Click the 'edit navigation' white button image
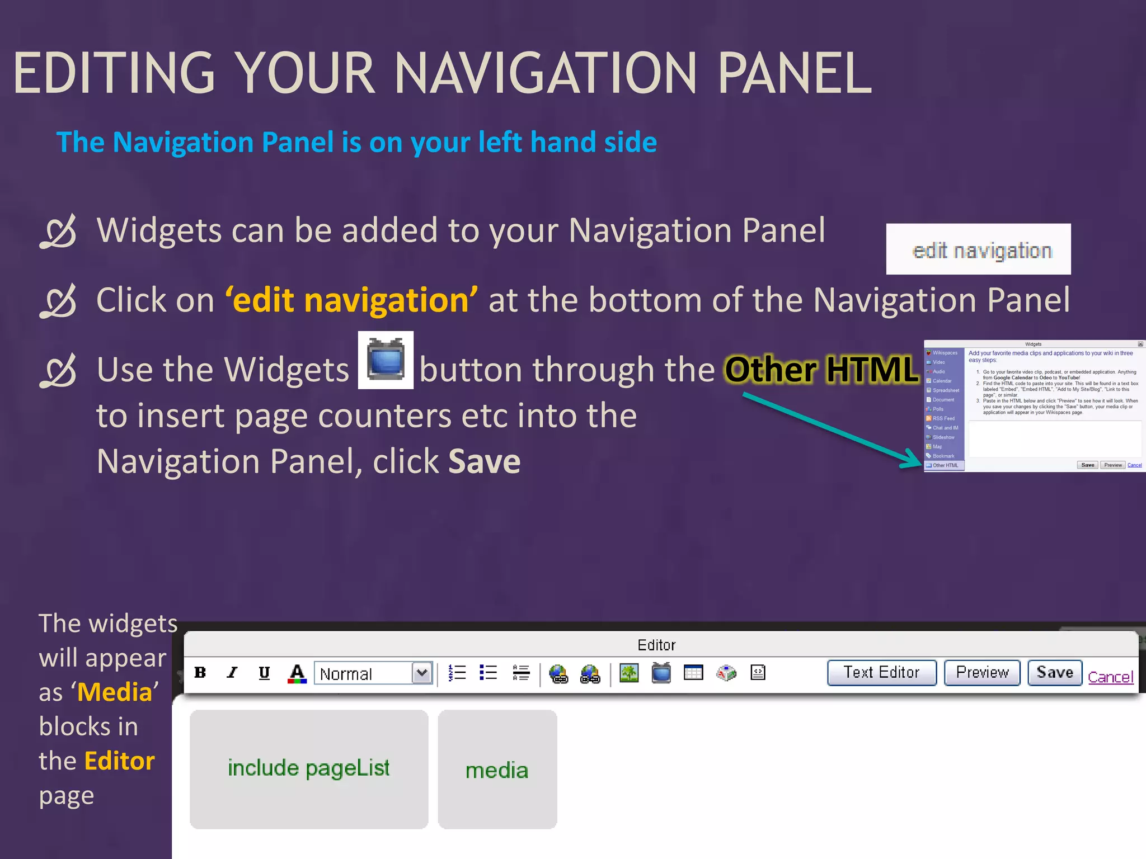point(978,249)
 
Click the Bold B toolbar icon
point(200,672)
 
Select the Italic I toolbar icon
point(232,672)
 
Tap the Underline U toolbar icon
point(264,672)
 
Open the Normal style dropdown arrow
point(422,673)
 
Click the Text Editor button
point(881,672)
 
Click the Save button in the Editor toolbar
point(1054,672)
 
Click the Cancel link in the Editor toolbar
point(1110,677)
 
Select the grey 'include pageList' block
point(309,769)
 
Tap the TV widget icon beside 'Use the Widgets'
point(386,360)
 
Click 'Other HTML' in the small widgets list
point(945,465)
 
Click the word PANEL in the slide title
point(794,74)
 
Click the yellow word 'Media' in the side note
point(115,692)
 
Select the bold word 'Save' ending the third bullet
point(484,461)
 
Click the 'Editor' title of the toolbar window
point(656,645)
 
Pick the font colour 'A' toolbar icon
point(297,673)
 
